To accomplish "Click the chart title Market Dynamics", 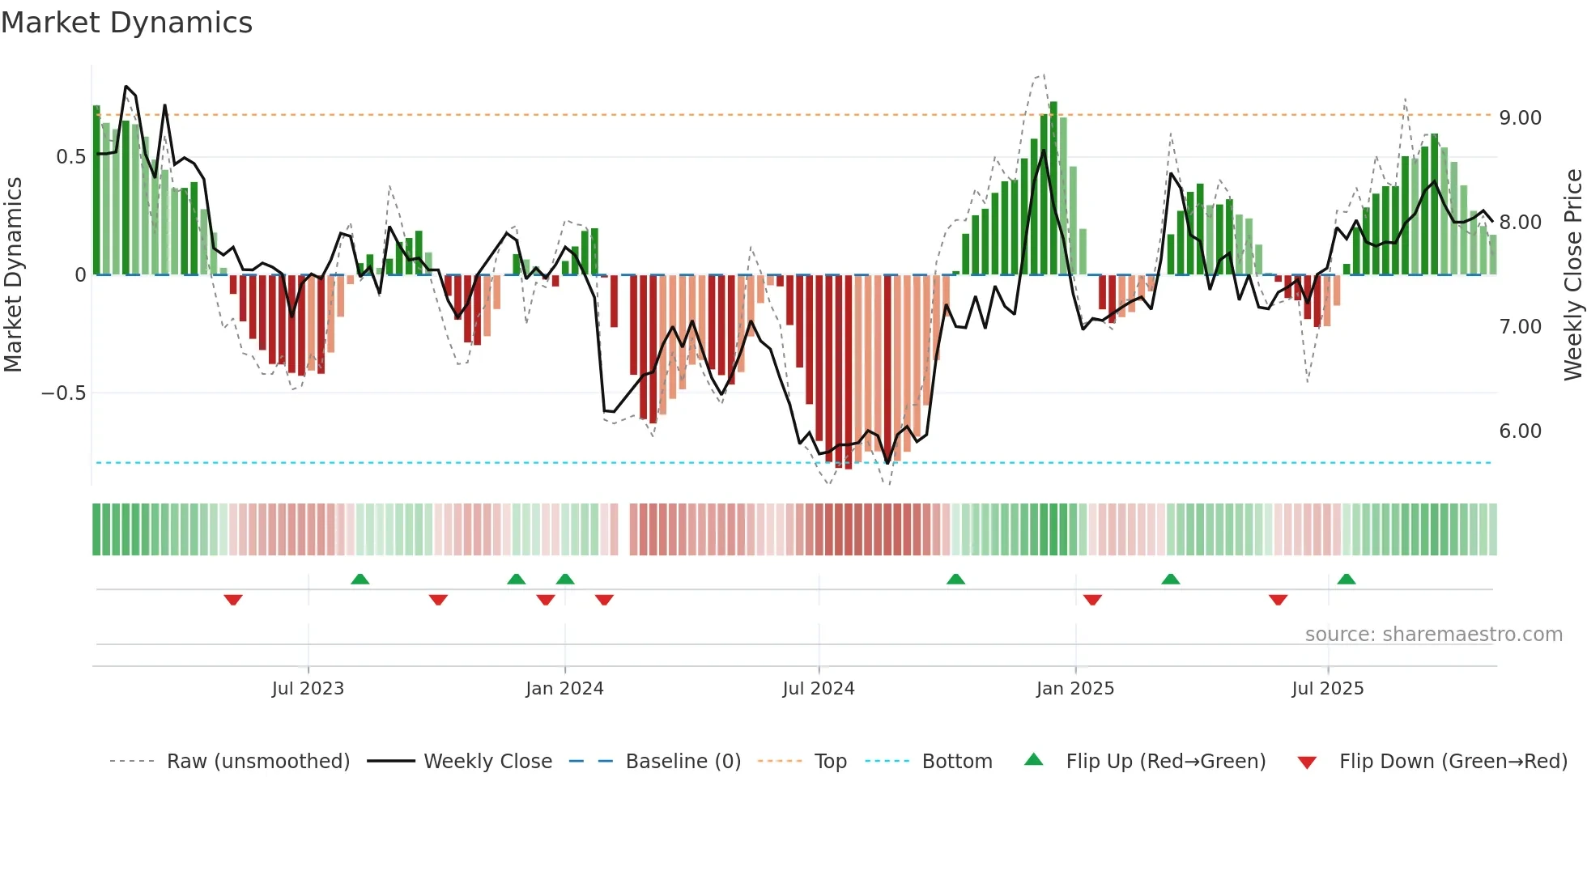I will pos(127,23).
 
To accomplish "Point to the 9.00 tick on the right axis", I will pos(1520,118).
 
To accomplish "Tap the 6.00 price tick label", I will pos(1520,431).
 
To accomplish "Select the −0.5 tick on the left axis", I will pos(63,393).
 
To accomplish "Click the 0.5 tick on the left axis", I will pos(70,157).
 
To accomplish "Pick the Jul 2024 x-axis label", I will pos(818,689).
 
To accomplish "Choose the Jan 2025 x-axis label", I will pos(1074,689).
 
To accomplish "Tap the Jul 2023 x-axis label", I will pos(308,689).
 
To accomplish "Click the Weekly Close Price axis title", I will pos(1572,275).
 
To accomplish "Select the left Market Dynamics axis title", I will pos(13,275).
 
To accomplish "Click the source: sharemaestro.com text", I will pos(1433,635).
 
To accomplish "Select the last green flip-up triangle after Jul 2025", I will pos(1347,579).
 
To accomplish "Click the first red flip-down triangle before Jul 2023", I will pos(233,600).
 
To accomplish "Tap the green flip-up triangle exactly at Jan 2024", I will pos(565,579).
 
